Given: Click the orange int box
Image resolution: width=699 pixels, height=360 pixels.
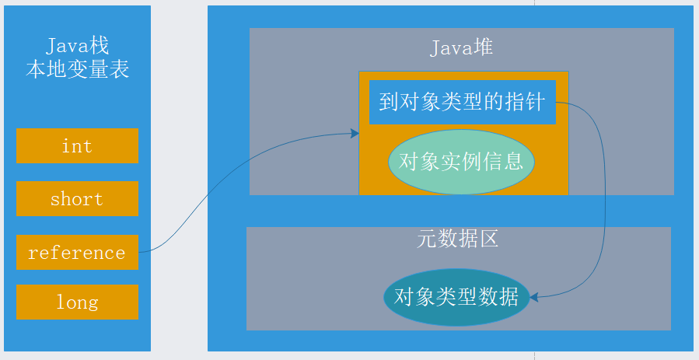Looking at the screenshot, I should coord(77,145).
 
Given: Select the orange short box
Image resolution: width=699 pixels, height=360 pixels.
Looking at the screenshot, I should coord(77,198).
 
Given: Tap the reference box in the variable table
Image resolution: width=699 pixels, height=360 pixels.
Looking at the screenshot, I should coord(77,252).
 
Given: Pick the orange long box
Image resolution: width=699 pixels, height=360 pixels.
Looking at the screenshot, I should coord(77,302).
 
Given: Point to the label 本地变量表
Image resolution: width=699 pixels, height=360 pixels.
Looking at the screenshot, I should coord(77,71).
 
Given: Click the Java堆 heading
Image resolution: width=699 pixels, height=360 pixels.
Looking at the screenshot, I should coord(462,48).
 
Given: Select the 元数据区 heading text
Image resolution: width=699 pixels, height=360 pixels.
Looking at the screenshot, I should coord(458,239).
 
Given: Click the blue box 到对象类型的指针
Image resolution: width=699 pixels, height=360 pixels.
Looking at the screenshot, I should coord(463,102).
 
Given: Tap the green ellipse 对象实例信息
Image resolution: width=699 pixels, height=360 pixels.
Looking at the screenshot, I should coord(461,162).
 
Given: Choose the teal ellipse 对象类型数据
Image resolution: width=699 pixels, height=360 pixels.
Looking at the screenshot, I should coord(456,296).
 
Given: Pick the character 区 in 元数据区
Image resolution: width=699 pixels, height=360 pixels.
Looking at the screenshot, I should coord(488,239).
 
